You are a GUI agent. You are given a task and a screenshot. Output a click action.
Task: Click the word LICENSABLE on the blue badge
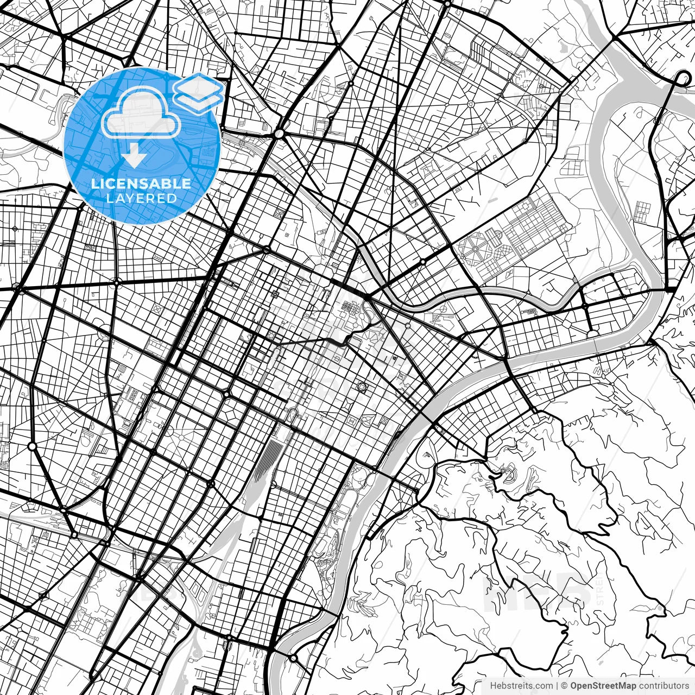[x=141, y=184]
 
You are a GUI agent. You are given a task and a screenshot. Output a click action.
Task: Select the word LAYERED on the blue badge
[x=141, y=198]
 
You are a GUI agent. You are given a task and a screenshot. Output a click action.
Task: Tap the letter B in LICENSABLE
[x=166, y=184]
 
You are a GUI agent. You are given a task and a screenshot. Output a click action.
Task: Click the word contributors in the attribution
[x=664, y=685]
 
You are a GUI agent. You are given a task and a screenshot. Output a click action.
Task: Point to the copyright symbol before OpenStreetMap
[x=565, y=685]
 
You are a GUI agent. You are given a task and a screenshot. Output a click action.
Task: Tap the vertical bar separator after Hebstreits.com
[x=558, y=685]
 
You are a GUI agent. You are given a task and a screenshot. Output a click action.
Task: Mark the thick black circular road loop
[x=683, y=79]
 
